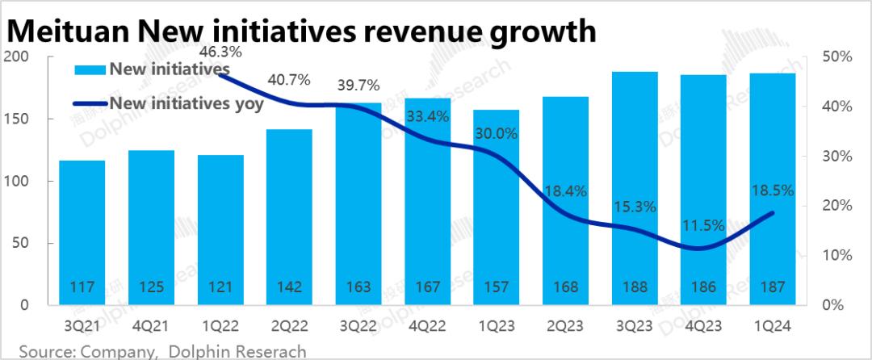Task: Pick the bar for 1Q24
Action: [773, 189]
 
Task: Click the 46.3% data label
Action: [220, 52]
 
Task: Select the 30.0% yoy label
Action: [496, 134]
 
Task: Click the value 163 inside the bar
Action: [358, 287]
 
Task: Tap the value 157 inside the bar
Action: [497, 287]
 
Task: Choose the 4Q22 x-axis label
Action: [427, 328]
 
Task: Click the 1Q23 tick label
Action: [497, 328]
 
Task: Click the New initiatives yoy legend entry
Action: [186, 103]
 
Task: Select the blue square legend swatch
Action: [90, 70]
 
